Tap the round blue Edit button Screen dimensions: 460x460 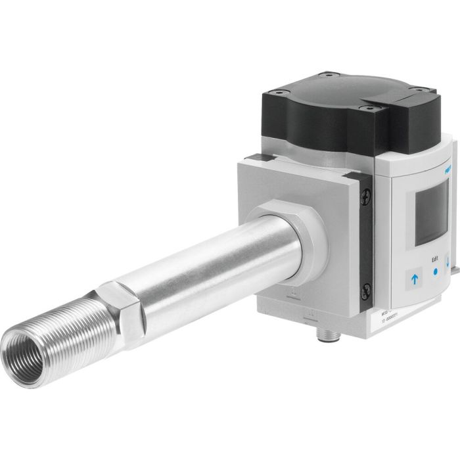pos(432,277)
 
